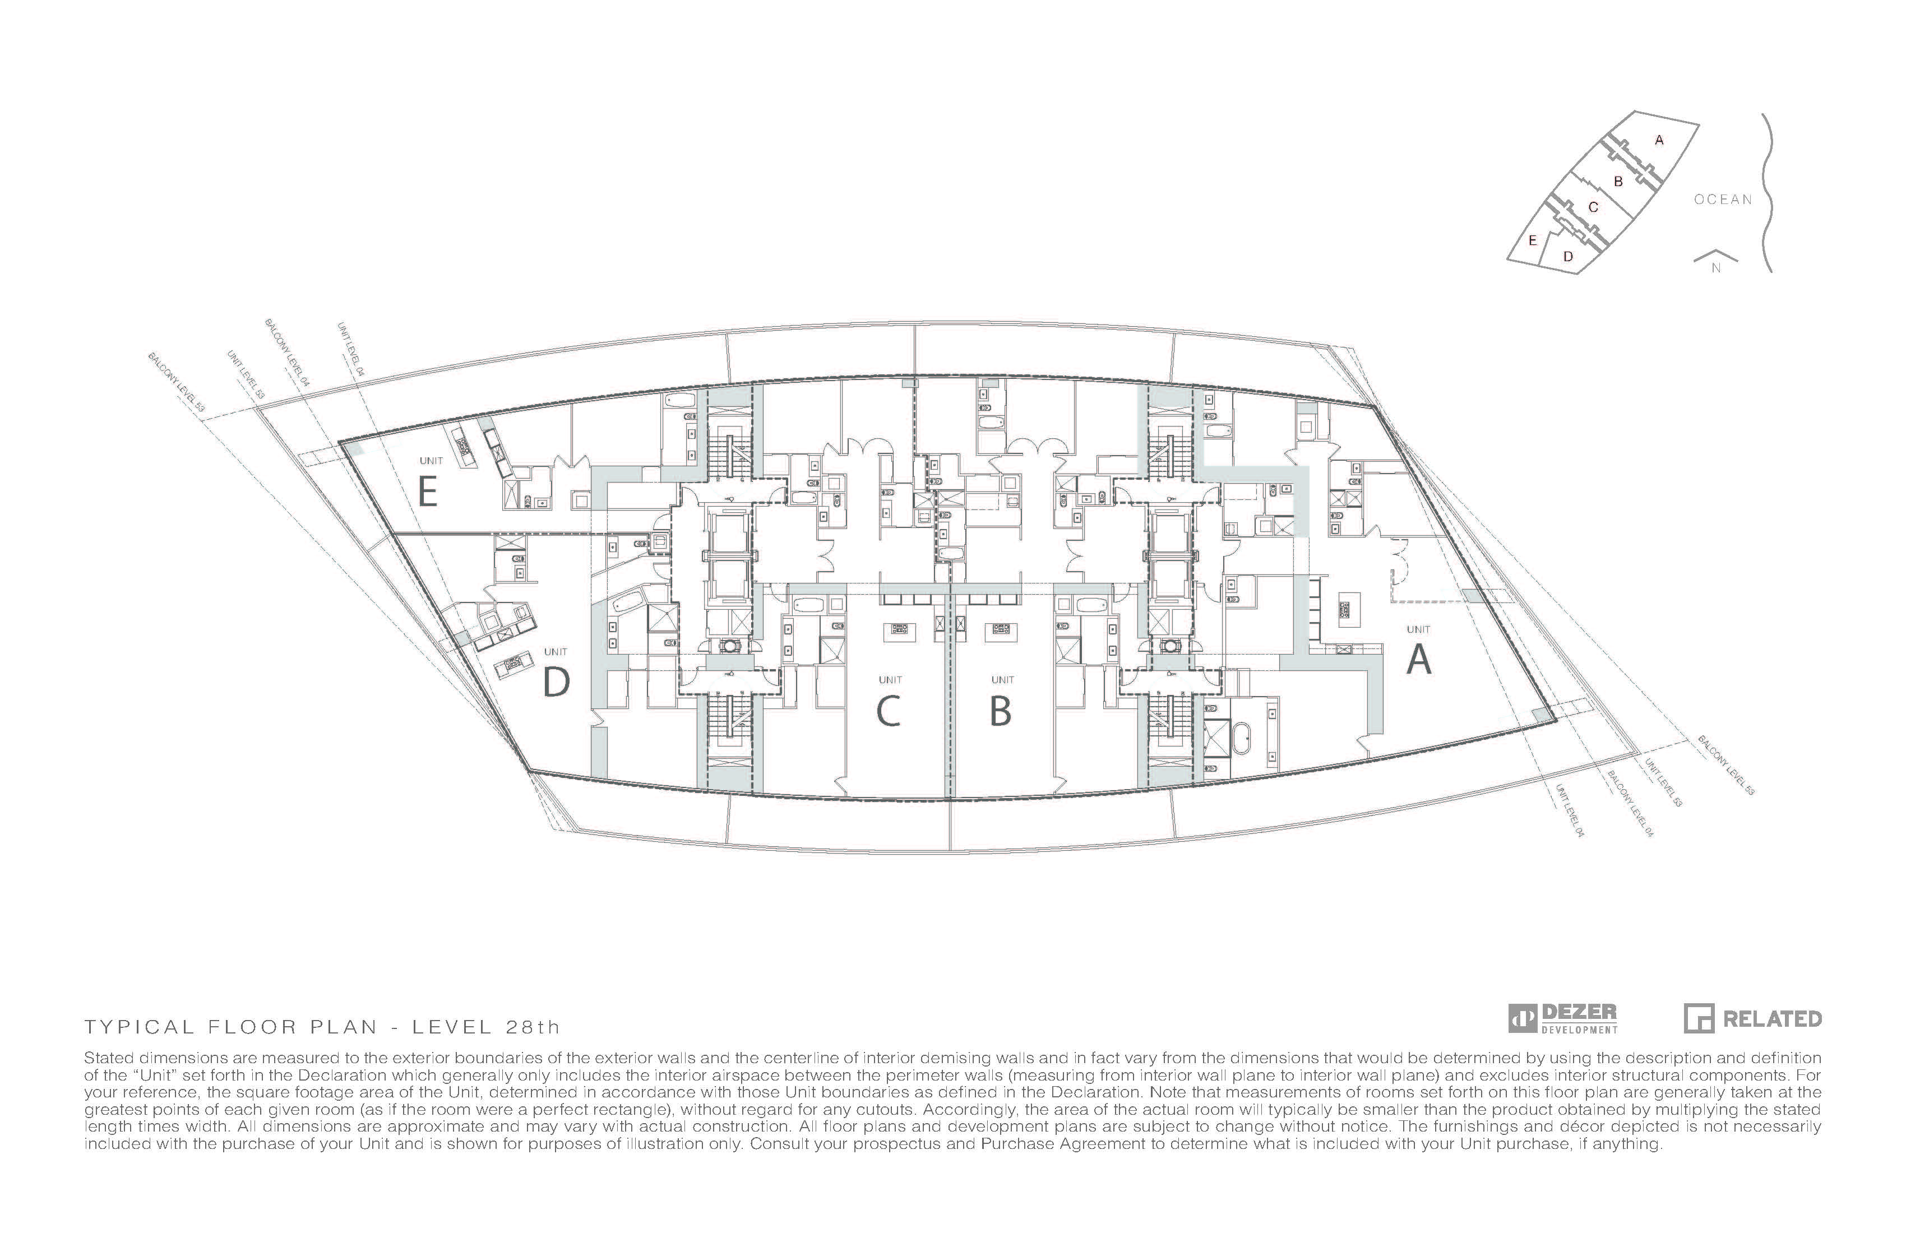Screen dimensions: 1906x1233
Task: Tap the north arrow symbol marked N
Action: [x=1715, y=262]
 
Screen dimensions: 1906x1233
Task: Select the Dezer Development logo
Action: [x=1562, y=1018]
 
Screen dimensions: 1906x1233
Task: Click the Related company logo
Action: [x=1752, y=1018]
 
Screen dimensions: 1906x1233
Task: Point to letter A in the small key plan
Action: [x=1659, y=140]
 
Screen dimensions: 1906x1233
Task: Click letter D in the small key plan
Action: [x=1568, y=256]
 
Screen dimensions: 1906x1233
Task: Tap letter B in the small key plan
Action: [x=1618, y=182]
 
